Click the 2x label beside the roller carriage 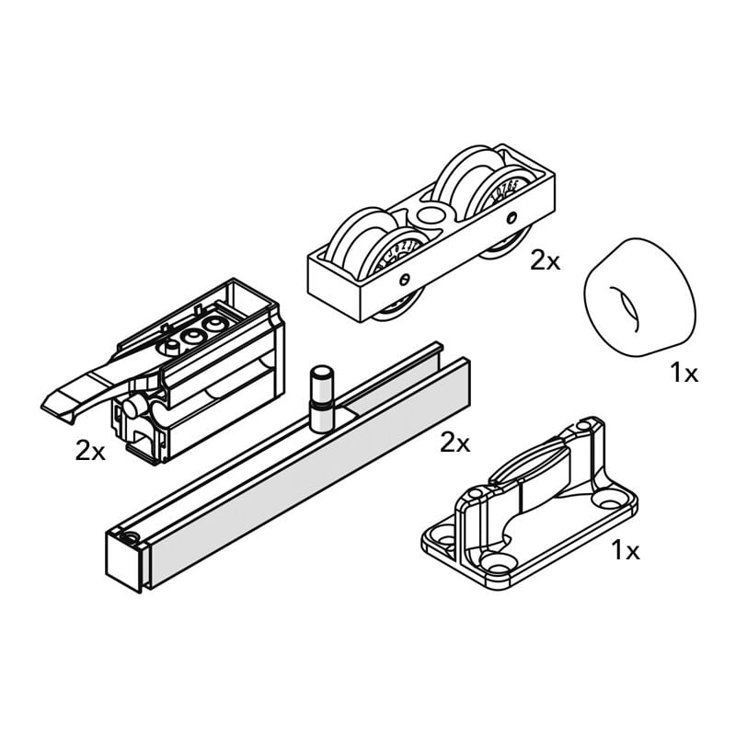point(545,261)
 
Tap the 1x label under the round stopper point(684,373)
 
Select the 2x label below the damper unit point(90,451)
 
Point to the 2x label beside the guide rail point(454,443)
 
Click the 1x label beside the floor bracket point(626,551)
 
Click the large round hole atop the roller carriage point(429,216)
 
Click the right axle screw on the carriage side point(512,218)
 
